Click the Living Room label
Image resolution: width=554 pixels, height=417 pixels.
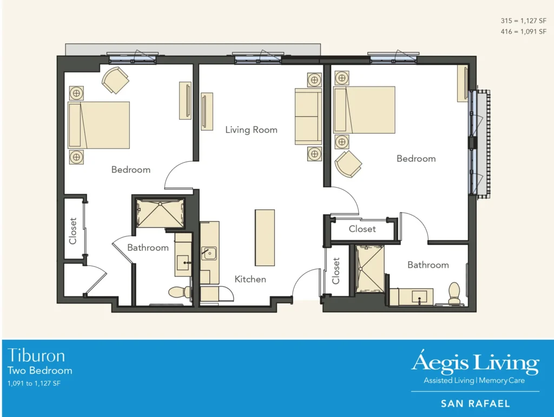click(x=251, y=130)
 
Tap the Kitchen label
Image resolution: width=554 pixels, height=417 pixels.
click(x=250, y=279)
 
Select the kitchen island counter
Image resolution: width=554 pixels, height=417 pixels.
click(x=265, y=237)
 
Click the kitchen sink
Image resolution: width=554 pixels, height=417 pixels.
click(x=209, y=253)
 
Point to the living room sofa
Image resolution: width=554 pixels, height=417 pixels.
click(x=308, y=116)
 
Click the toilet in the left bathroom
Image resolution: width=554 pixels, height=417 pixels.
click(x=179, y=293)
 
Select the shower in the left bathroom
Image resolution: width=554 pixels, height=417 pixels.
click(x=159, y=213)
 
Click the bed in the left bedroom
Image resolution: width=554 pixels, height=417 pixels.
click(x=99, y=124)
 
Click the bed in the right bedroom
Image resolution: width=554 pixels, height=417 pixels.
click(x=364, y=109)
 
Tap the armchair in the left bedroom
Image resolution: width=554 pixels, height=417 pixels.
click(x=115, y=80)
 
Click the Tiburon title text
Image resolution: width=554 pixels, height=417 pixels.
click(x=36, y=355)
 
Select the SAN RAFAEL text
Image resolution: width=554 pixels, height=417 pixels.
click(x=475, y=403)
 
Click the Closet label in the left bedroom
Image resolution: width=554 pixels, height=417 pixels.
click(x=73, y=230)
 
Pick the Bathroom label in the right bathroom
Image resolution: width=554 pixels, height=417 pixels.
click(x=428, y=264)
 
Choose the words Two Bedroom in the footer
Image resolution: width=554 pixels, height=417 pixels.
click(x=39, y=370)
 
